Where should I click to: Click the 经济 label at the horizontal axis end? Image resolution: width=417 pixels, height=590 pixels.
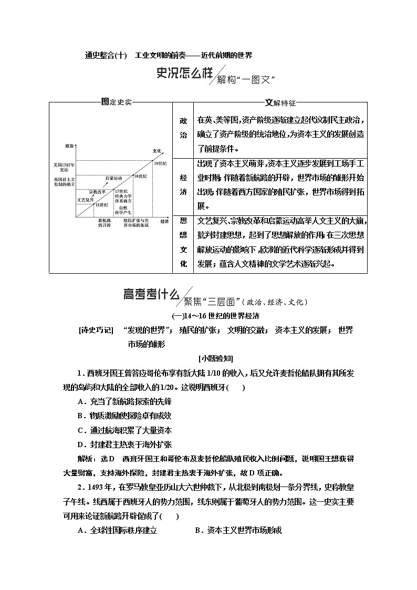click(x=164, y=222)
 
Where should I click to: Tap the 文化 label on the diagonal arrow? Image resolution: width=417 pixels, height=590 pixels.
click(x=157, y=150)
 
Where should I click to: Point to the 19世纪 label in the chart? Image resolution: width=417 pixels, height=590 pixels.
click(x=160, y=164)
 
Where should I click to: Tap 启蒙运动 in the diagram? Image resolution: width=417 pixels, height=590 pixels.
click(x=113, y=178)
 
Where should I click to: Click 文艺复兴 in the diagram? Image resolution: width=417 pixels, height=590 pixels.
click(x=86, y=200)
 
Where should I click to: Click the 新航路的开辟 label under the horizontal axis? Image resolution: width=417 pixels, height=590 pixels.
click(x=105, y=222)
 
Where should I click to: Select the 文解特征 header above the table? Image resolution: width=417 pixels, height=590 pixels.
click(x=281, y=103)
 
